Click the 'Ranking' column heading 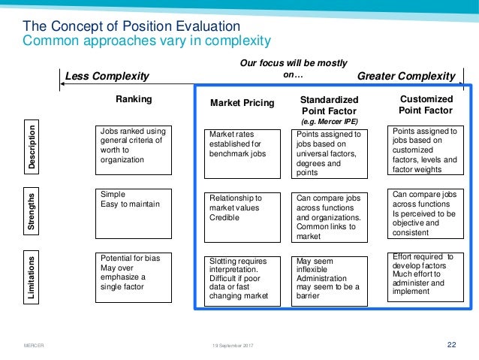(x=133, y=99)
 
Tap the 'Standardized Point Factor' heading (x=329, y=106)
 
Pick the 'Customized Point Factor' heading (x=426, y=104)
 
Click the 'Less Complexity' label (x=108, y=77)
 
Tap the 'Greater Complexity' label (x=405, y=77)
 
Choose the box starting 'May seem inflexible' (x=329, y=278)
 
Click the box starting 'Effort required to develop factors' (x=426, y=276)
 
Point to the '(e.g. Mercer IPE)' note (x=329, y=121)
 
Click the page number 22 (x=451, y=345)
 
